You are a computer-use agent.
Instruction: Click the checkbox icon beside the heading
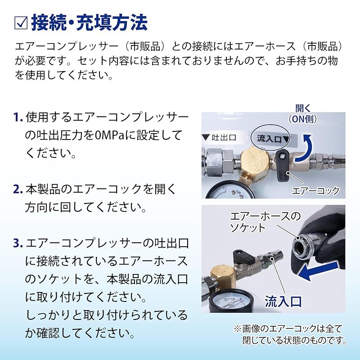coord(21,23)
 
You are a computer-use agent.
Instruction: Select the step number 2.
coord(18,189)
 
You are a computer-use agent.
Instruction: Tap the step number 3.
coord(18,243)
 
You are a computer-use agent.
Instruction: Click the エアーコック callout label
coord(315,190)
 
